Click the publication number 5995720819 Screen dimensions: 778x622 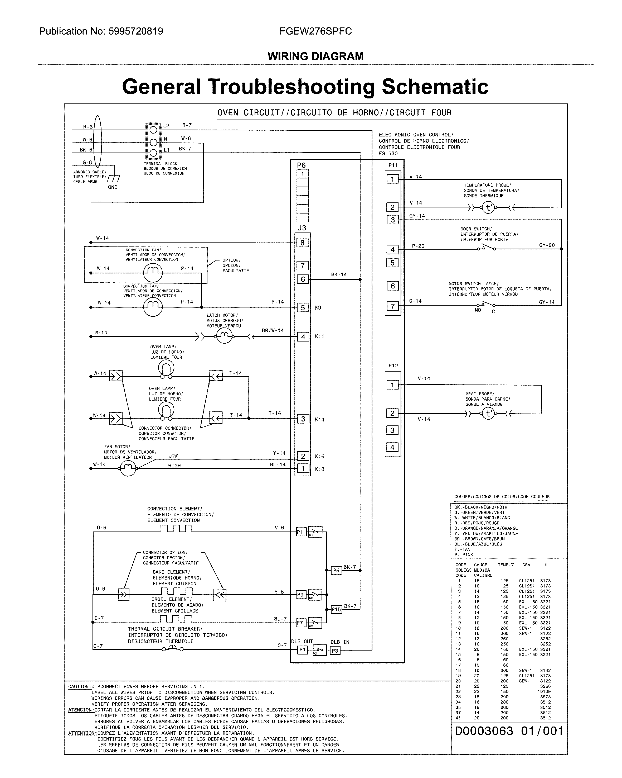point(135,31)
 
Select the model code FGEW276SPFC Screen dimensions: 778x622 point(315,31)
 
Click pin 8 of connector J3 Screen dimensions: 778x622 point(302,243)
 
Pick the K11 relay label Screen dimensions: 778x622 point(319,336)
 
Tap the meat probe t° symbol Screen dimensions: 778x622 point(488,414)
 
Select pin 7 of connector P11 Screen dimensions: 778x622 point(392,306)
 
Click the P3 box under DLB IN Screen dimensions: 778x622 point(335,650)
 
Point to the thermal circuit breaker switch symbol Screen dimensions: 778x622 point(172,648)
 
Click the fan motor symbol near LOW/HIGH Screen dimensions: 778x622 point(128,468)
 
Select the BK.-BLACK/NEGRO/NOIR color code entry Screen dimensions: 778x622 point(480,507)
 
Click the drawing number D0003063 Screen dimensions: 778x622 point(484,731)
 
